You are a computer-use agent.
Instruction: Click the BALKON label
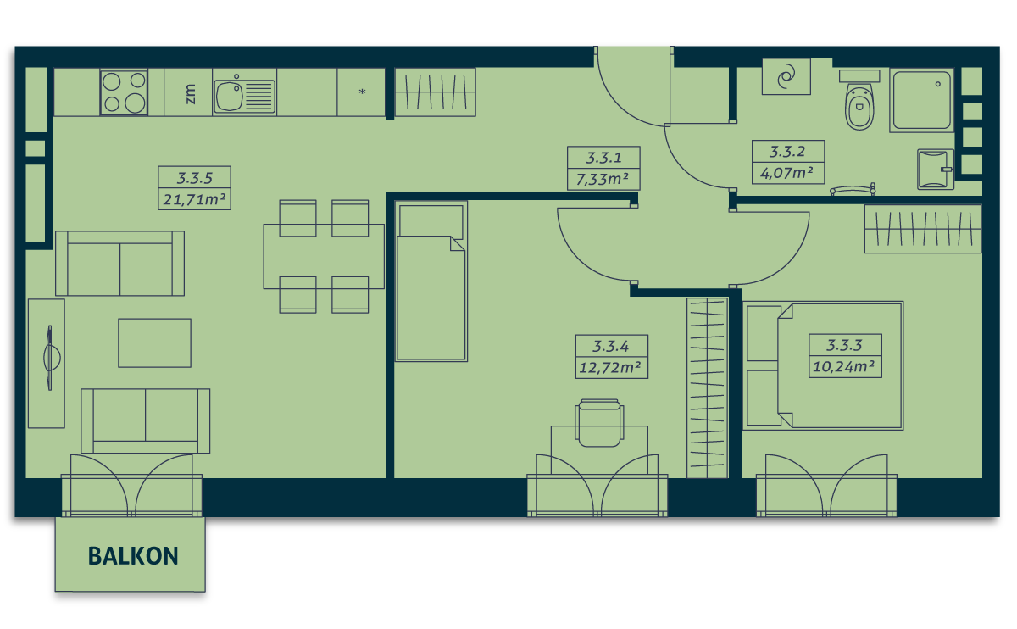click(x=133, y=556)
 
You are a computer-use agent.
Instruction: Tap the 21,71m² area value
click(x=194, y=199)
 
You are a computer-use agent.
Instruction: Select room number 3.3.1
click(x=603, y=158)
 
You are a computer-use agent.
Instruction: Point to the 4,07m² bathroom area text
click(x=786, y=173)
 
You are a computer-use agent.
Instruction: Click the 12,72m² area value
click(x=610, y=367)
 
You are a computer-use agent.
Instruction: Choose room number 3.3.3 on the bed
click(x=844, y=345)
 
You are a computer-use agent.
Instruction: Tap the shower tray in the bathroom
click(x=922, y=100)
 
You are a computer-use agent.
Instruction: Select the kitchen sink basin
click(x=230, y=97)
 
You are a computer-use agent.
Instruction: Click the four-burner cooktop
click(x=124, y=92)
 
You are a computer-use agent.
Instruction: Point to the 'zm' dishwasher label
click(x=191, y=93)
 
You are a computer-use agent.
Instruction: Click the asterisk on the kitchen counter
click(x=362, y=92)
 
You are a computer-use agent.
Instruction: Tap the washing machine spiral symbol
click(x=786, y=77)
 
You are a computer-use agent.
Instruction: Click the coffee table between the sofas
click(x=154, y=342)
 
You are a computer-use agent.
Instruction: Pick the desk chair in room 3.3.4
click(x=599, y=423)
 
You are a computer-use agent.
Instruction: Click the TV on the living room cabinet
click(x=50, y=358)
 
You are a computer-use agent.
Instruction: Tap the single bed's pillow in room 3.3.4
click(x=431, y=221)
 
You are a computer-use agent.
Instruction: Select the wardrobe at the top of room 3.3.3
click(x=923, y=229)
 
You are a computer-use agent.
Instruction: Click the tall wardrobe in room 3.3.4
click(x=708, y=388)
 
